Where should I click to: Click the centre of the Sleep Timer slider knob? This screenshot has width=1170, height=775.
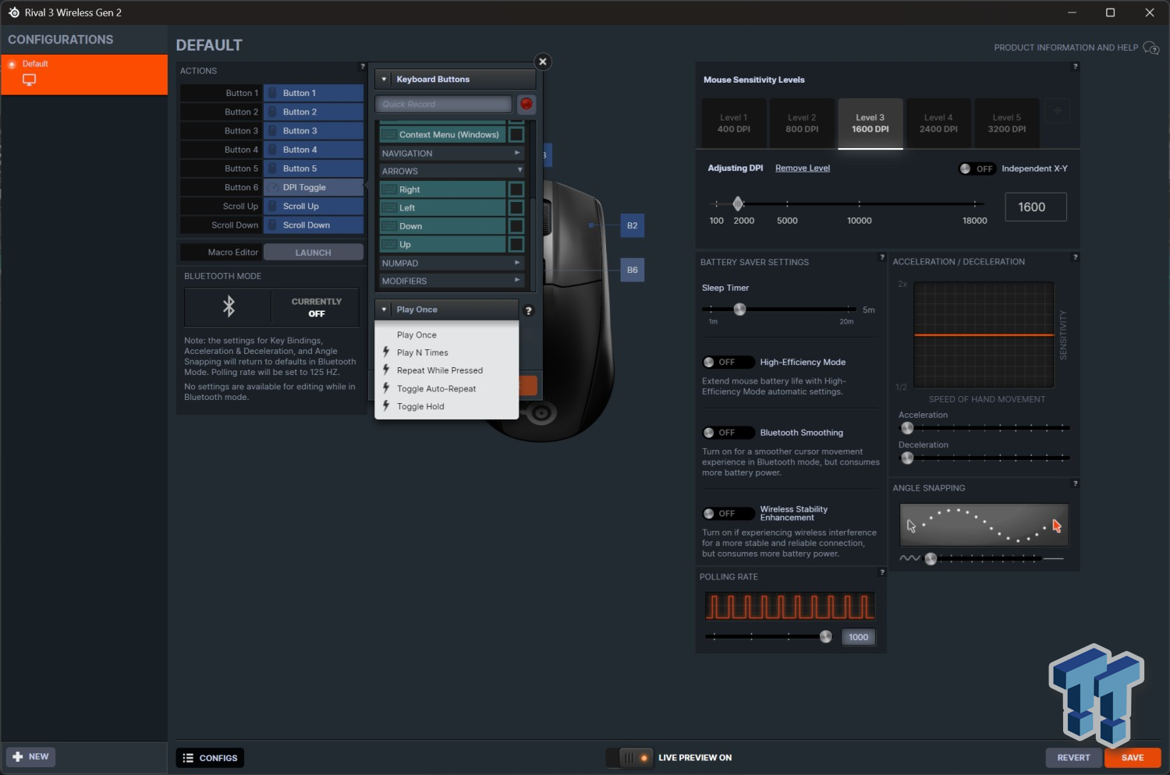pyautogui.click(x=739, y=310)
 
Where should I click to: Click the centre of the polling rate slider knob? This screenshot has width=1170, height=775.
pyautogui.click(x=826, y=636)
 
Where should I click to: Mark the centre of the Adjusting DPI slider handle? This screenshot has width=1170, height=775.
pyautogui.click(x=738, y=203)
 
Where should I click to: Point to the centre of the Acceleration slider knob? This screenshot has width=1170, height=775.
pyautogui.click(x=907, y=428)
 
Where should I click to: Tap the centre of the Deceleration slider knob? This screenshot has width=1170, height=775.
pyautogui.click(x=907, y=458)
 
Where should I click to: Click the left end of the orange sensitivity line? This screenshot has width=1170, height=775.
pyautogui.click(x=915, y=334)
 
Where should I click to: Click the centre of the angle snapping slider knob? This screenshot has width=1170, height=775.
pyautogui.click(x=931, y=559)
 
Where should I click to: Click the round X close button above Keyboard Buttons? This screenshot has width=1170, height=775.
pyautogui.click(x=543, y=62)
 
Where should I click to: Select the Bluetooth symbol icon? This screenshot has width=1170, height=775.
pyautogui.click(x=229, y=306)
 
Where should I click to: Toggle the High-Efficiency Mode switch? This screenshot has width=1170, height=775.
pyautogui.click(x=728, y=362)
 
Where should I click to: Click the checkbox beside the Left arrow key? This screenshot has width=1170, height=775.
pyautogui.click(x=516, y=207)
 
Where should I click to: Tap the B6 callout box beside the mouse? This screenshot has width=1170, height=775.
pyautogui.click(x=632, y=270)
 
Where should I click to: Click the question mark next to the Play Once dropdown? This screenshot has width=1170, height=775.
pyautogui.click(x=529, y=311)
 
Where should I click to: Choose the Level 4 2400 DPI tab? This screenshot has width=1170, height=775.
pyautogui.click(x=938, y=123)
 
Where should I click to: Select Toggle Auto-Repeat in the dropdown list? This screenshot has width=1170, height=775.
pyautogui.click(x=436, y=388)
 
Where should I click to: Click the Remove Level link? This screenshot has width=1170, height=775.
pyautogui.click(x=803, y=168)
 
